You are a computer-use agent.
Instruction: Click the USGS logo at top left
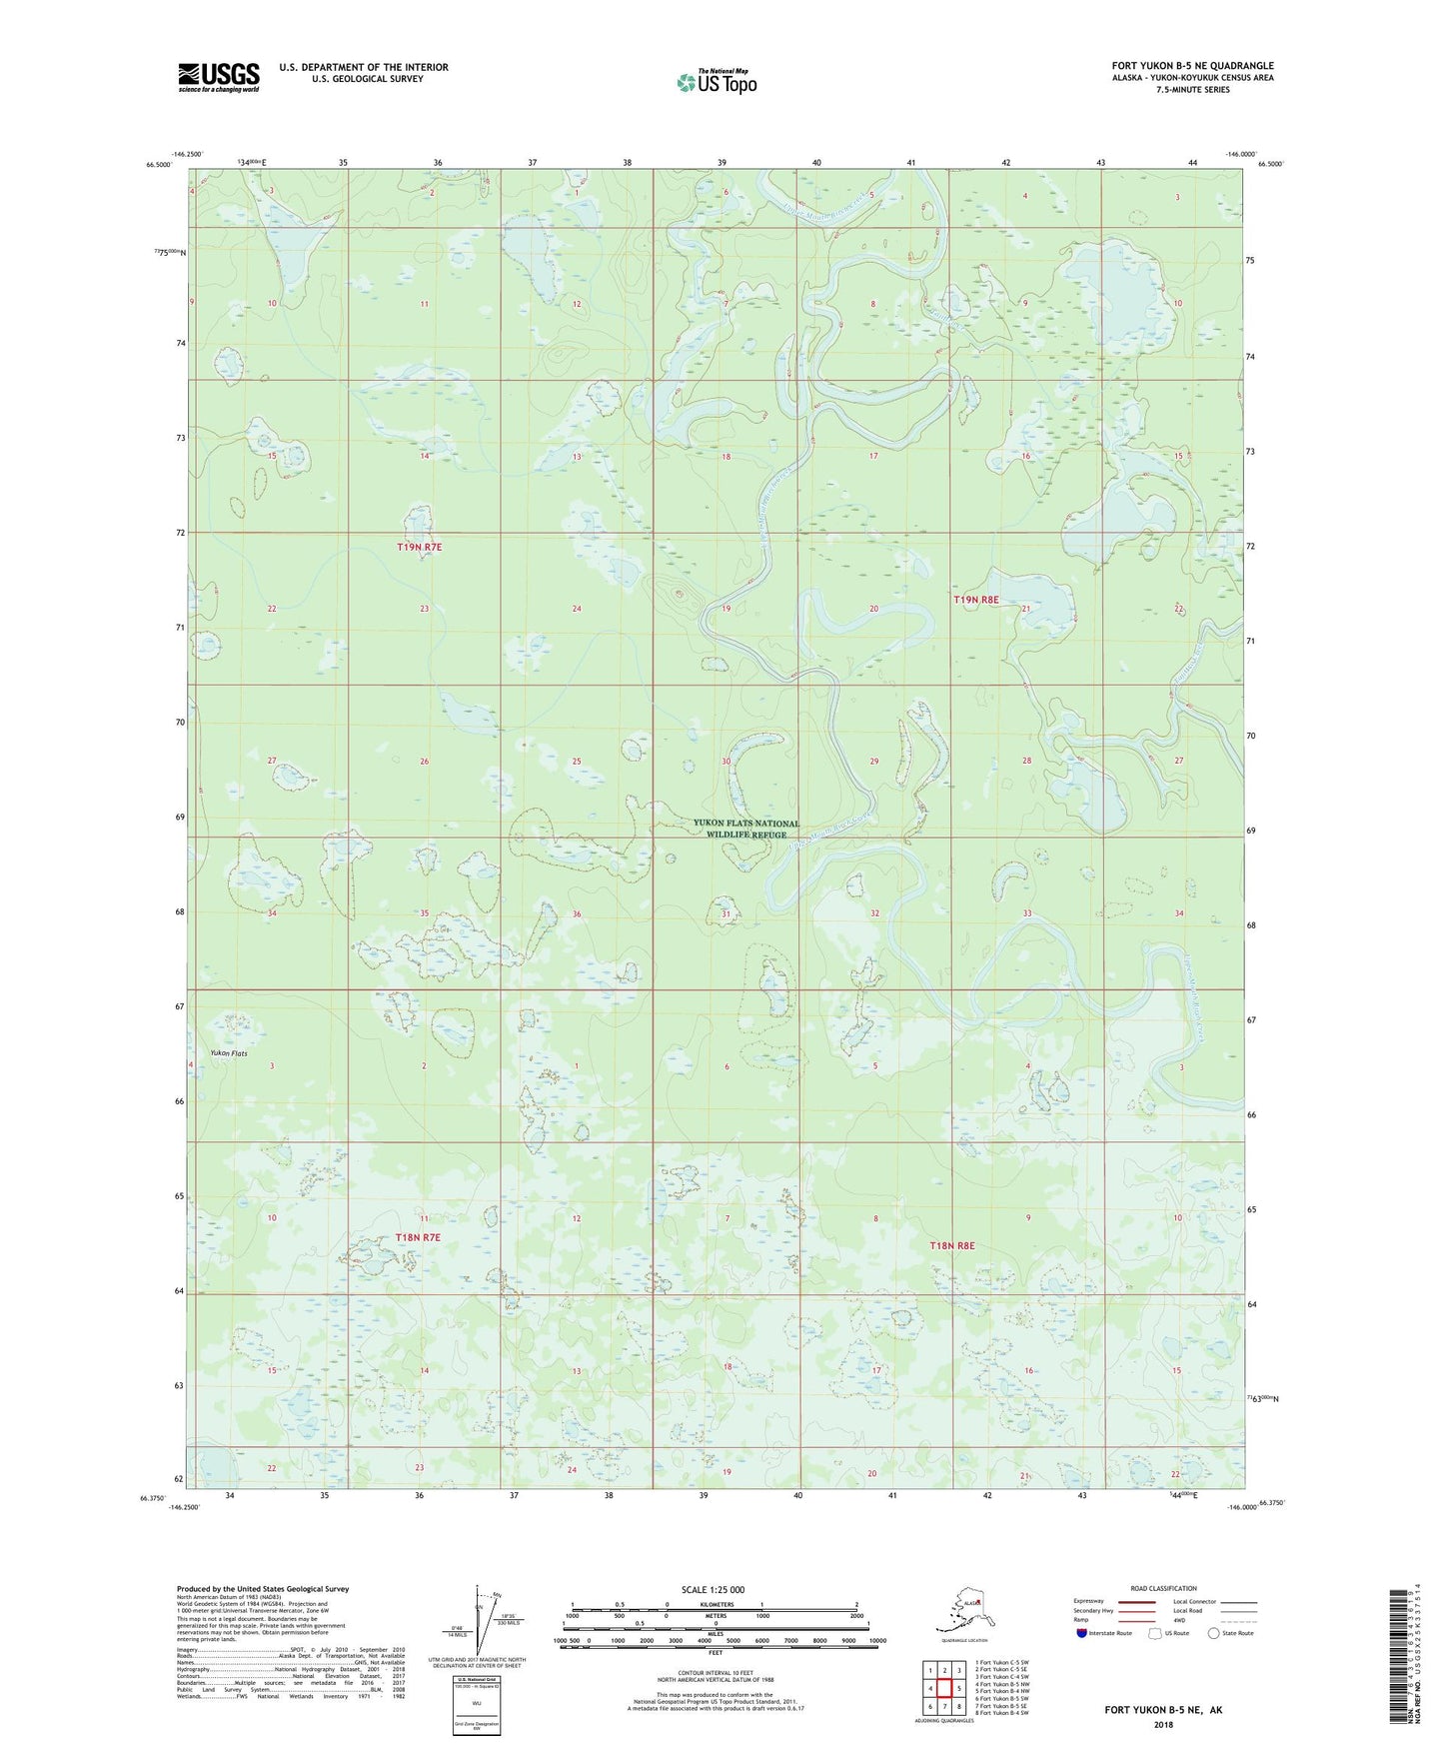218,77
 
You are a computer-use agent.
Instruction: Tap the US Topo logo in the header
716,82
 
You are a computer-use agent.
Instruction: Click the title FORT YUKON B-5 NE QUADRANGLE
1192,66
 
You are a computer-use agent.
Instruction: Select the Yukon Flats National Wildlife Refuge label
746,829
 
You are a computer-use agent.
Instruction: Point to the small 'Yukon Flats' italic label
229,1053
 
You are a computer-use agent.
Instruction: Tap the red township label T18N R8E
951,1246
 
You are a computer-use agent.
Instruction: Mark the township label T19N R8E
976,600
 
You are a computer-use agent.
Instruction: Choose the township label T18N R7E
418,1237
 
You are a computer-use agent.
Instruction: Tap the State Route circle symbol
1214,1632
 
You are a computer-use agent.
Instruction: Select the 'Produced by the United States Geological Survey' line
262,1588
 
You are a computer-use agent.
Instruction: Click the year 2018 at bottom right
1163,1724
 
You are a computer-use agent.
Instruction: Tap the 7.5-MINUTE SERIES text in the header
1192,90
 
